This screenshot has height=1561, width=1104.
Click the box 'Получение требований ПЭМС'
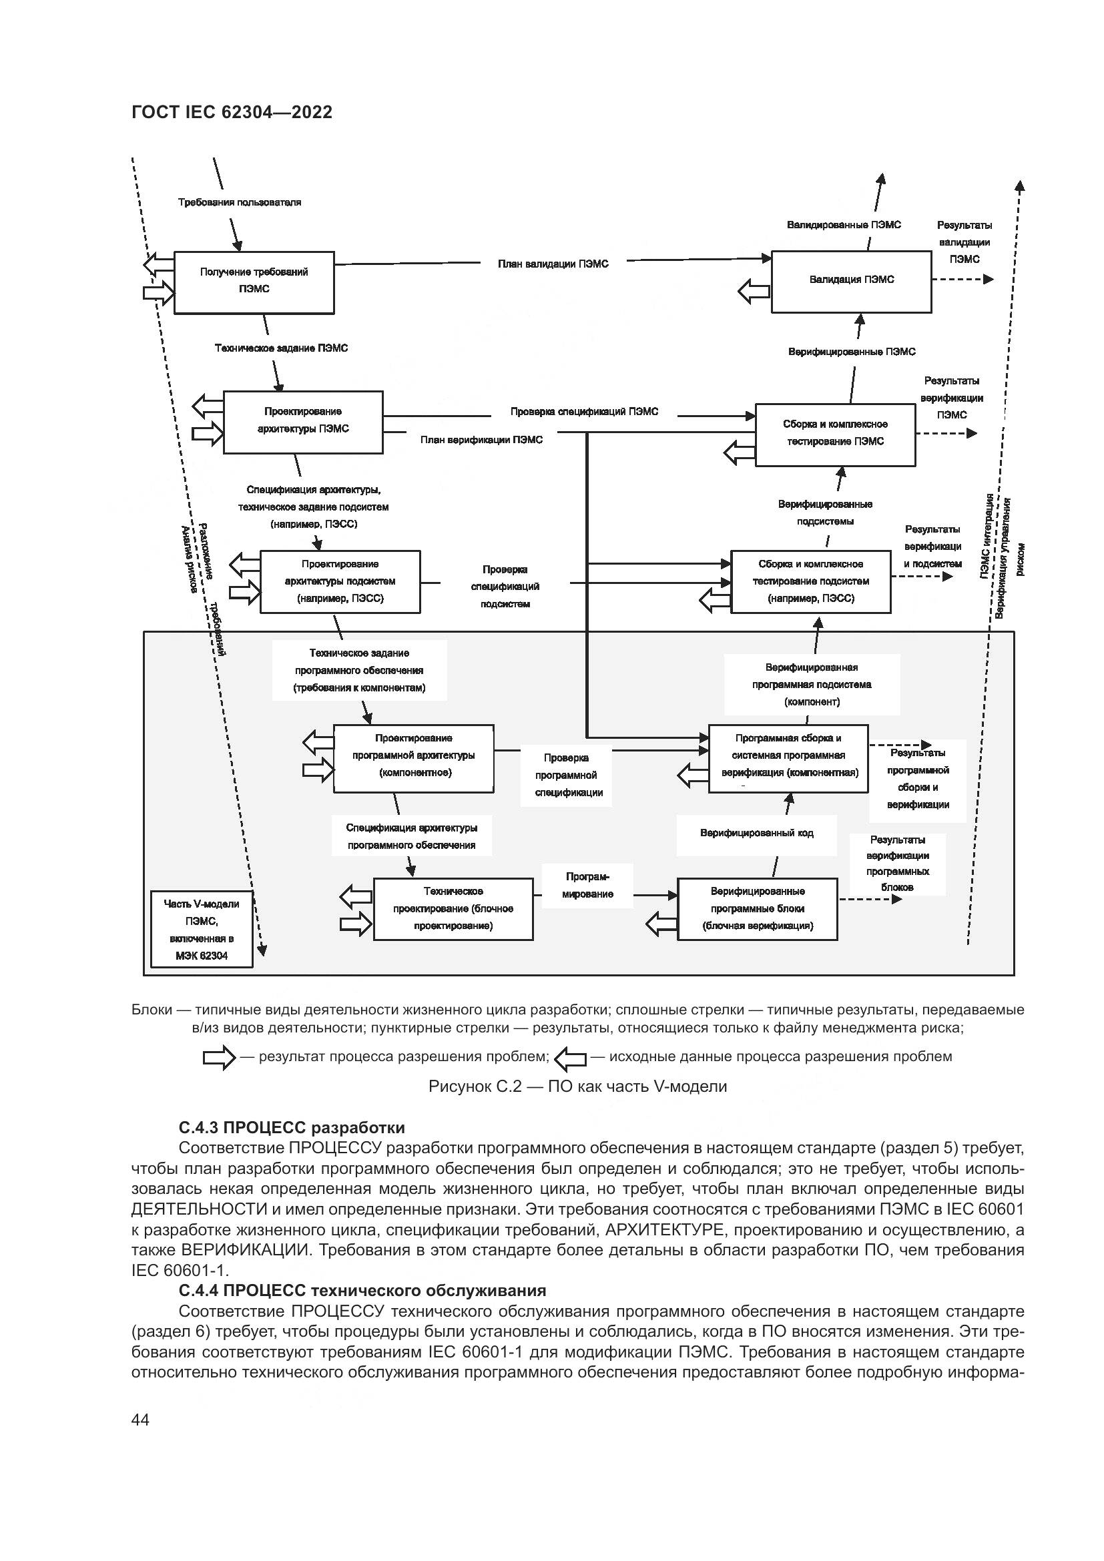[254, 282]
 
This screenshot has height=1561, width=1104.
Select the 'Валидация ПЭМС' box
[851, 281]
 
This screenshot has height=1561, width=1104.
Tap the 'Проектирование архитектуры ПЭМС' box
[303, 422]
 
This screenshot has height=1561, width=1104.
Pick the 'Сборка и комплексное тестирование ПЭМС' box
[836, 434]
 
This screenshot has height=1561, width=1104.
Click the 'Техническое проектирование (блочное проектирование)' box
[453, 909]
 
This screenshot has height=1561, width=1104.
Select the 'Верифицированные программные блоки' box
[758, 909]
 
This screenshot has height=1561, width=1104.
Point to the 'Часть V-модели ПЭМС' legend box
[201, 929]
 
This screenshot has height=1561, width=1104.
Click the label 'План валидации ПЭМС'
[553, 264]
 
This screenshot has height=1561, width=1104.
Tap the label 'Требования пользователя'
[240, 202]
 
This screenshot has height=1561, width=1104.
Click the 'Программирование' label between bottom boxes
[587, 885]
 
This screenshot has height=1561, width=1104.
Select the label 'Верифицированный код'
[757, 833]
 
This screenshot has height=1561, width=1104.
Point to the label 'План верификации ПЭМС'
[481, 440]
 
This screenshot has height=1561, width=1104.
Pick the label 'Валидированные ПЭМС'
[844, 225]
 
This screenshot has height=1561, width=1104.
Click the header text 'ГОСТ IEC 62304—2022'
[232, 113]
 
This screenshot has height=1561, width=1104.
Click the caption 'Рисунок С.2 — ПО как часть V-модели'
[577, 1086]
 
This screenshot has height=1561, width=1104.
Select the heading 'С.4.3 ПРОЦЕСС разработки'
[292, 1128]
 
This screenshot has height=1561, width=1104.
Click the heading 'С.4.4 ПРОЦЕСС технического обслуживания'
[362, 1291]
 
